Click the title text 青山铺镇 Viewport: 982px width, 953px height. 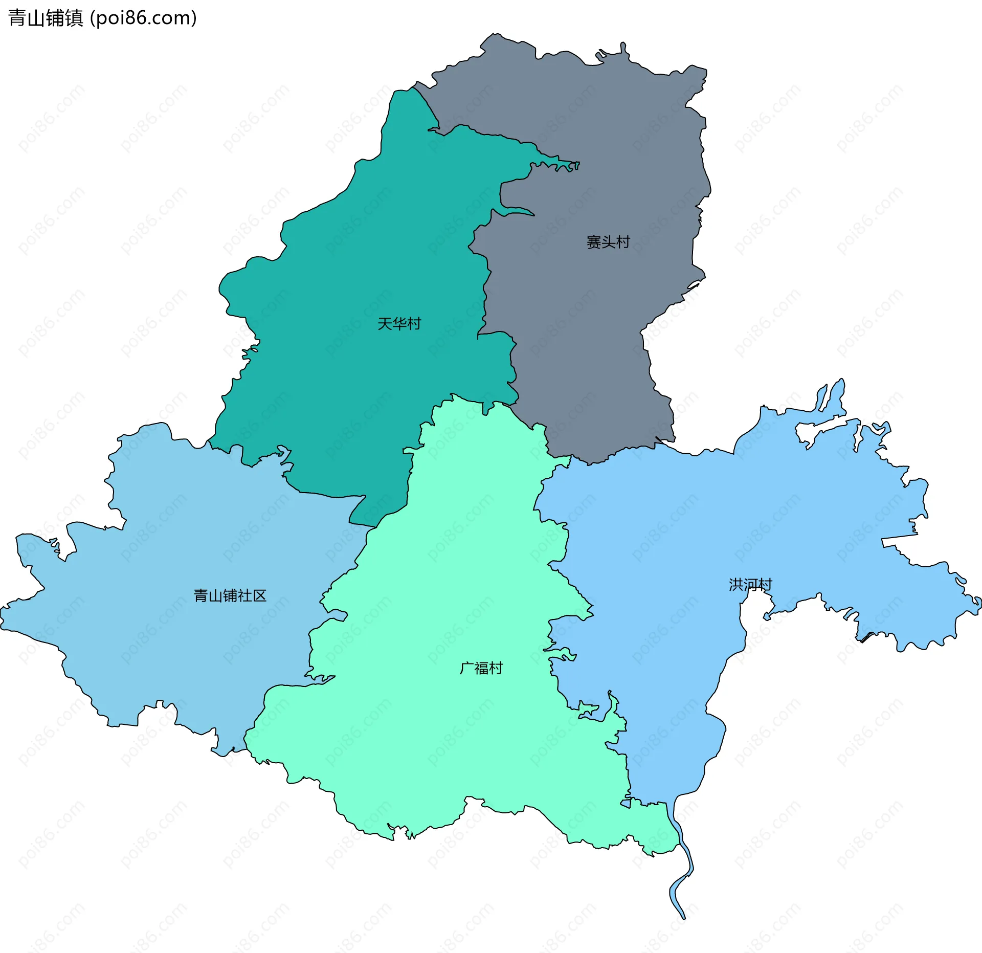tap(46, 18)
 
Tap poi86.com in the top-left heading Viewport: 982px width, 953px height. tap(143, 18)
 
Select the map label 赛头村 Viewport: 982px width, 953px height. tap(608, 242)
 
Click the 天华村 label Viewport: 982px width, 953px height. tap(399, 323)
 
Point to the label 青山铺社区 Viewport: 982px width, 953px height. tap(230, 595)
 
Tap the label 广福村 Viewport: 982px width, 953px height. tap(481, 668)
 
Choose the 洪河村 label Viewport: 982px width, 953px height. tap(750, 584)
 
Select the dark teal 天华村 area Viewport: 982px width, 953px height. tap(358, 256)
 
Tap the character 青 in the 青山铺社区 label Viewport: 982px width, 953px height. tap(201, 595)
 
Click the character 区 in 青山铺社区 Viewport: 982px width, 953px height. tap(260, 595)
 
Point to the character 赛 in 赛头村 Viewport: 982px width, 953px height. tap(593, 242)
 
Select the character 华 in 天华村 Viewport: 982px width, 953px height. tap(399, 323)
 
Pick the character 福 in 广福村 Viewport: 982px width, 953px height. tap(481, 668)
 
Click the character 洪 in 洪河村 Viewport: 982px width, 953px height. tap(735, 584)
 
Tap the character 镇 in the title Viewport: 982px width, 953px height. tap(74, 18)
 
